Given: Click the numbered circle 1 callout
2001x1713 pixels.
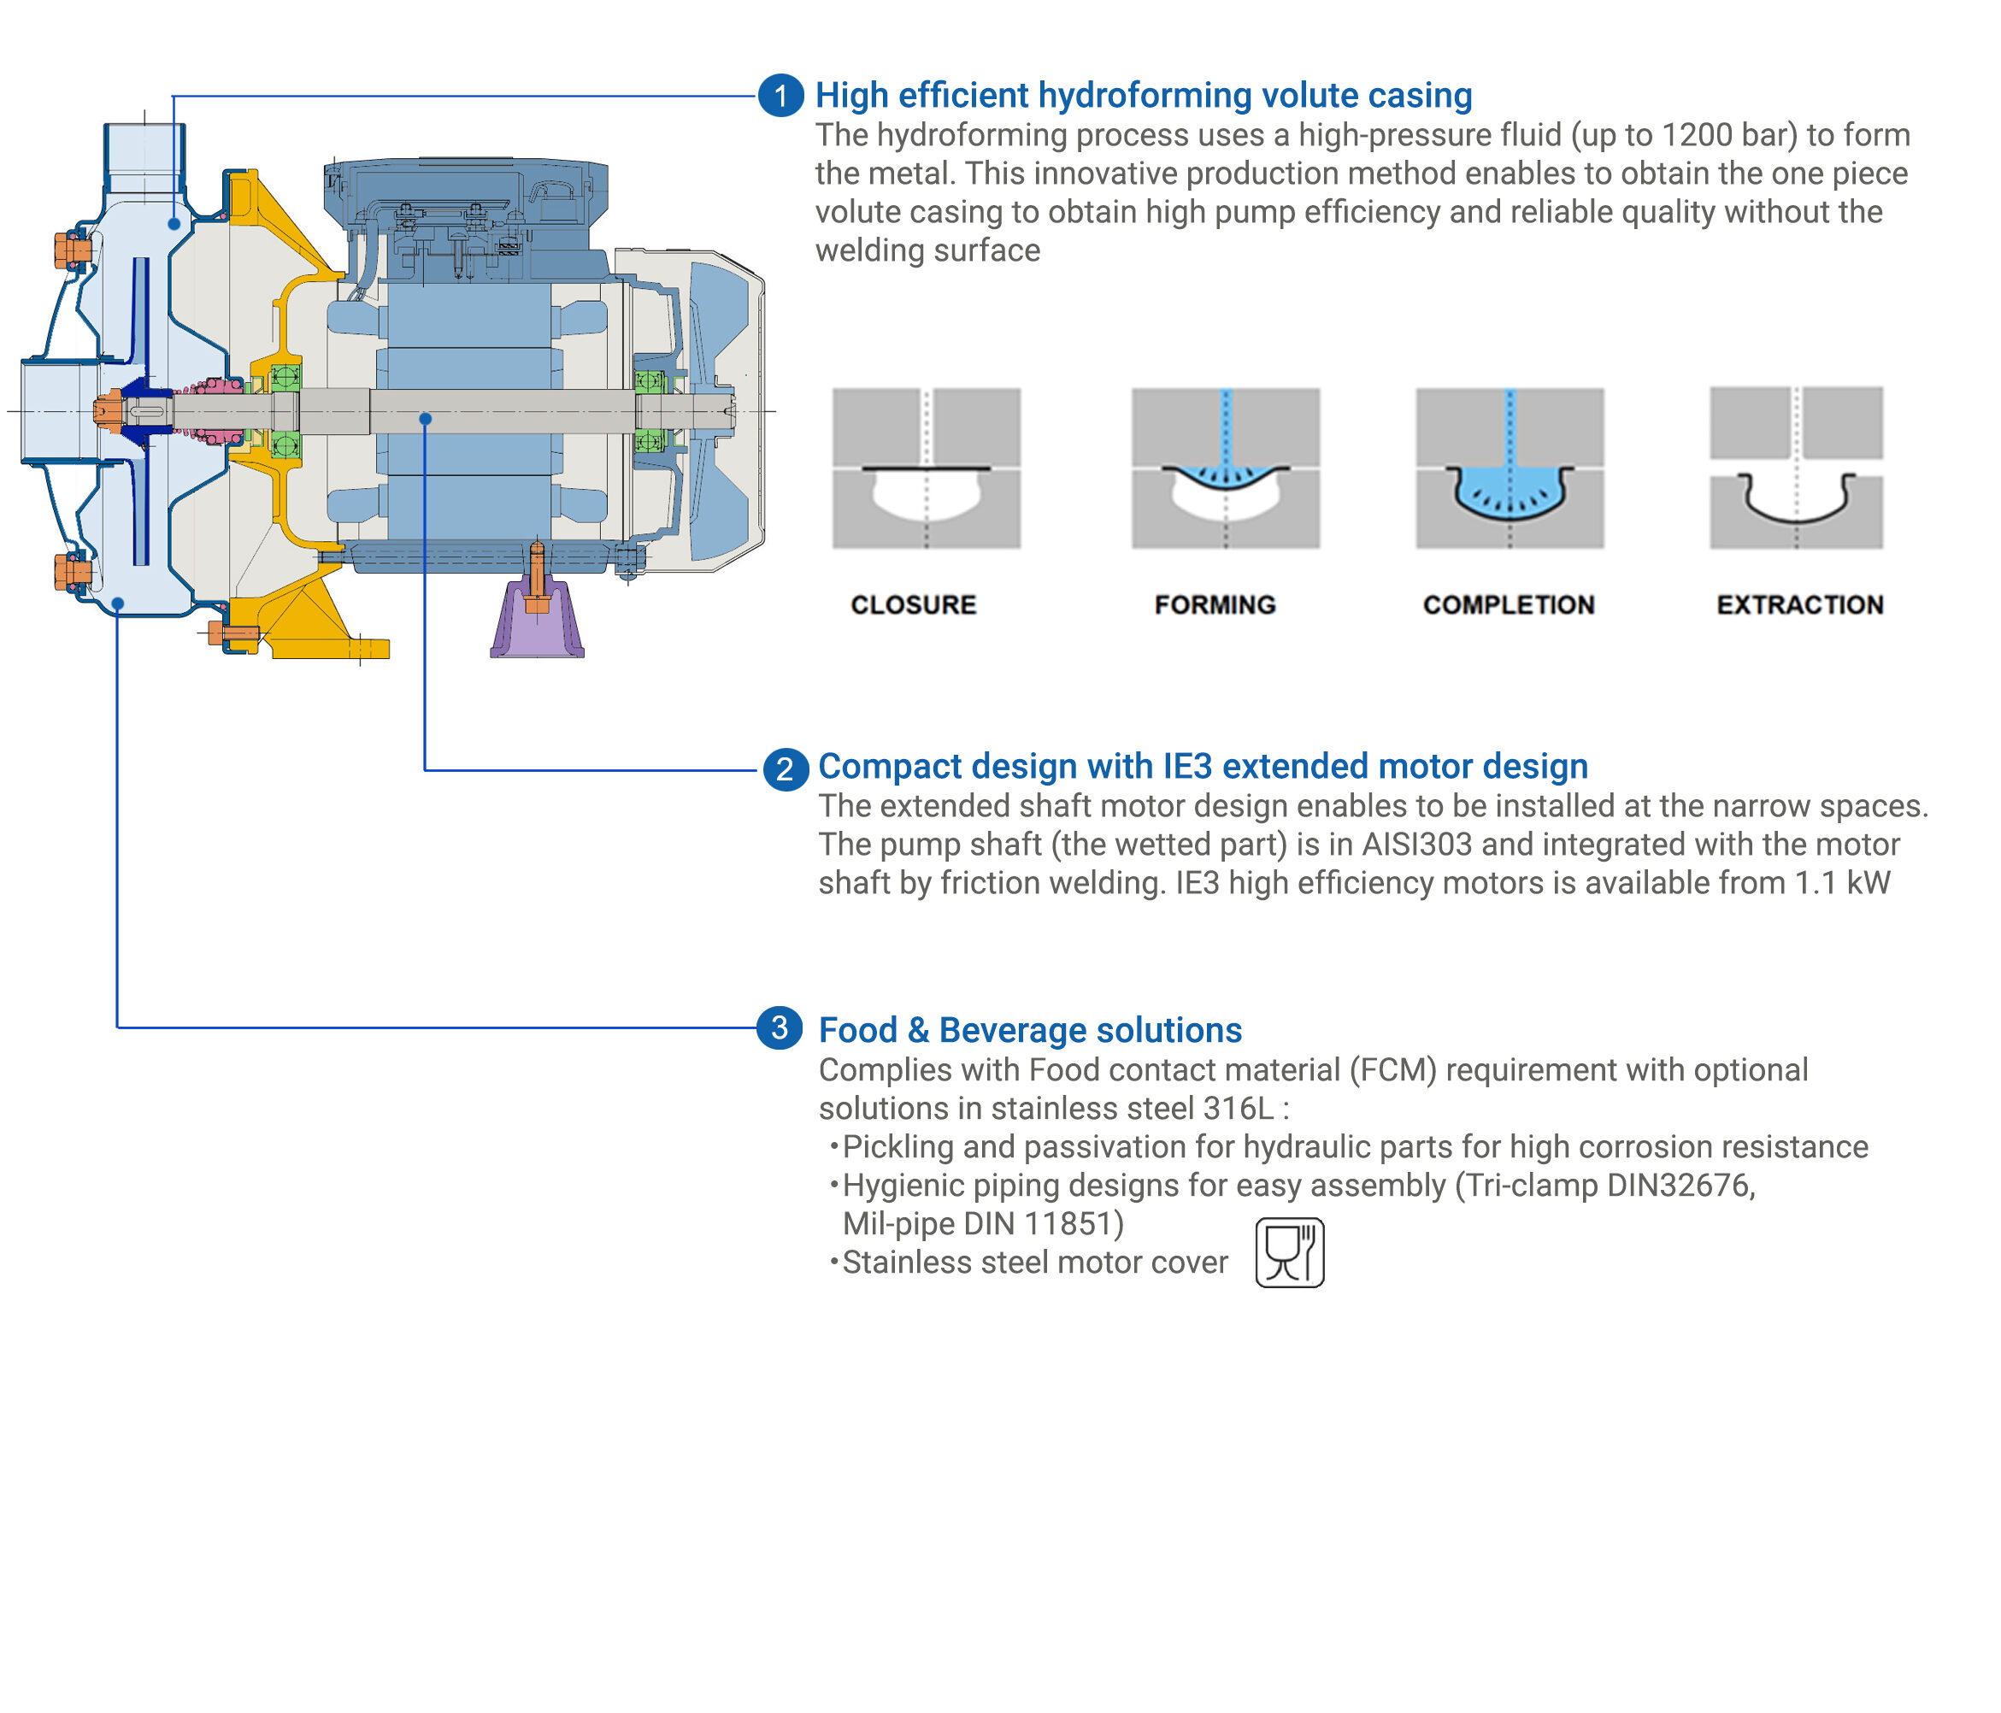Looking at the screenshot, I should (x=780, y=96).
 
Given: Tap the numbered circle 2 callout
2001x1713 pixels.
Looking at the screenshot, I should (x=786, y=768).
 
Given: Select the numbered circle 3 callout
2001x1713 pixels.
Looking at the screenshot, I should (x=780, y=1027).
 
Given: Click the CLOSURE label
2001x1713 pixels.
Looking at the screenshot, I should (x=913, y=604).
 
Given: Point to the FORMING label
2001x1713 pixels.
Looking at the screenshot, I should (x=1215, y=604).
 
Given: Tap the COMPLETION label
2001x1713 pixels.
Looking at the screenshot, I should (x=1509, y=604).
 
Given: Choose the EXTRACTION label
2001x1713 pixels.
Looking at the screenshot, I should (x=1800, y=604).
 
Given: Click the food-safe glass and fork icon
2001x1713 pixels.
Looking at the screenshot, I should (x=1289, y=1252).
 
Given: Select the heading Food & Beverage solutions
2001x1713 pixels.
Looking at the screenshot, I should (x=1029, y=1030).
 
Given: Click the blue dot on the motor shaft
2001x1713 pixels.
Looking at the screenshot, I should (x=425, y=418).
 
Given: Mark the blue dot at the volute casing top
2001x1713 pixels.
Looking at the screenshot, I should (x=174, y=224).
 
